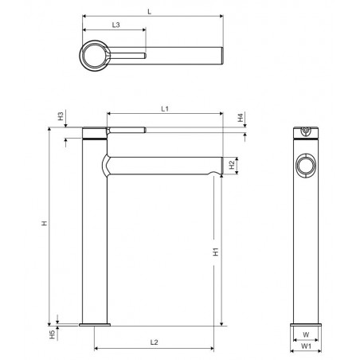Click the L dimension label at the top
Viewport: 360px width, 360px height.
(150, 12)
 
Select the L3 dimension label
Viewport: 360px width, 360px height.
(115, 25)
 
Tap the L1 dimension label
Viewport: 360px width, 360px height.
(165, 109)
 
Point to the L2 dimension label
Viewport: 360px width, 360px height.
(154, 342)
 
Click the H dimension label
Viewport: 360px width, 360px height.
(45, 223)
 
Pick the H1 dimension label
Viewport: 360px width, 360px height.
(216, 252)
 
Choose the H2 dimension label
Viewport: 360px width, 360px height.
(232, 165)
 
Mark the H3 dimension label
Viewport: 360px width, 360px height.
(61, 116)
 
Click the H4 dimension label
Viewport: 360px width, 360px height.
(241, 118)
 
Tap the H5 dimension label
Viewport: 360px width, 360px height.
(53, 335)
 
